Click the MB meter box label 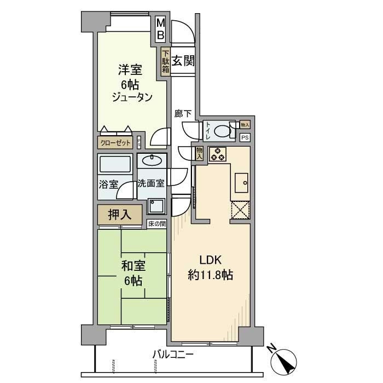tap(160, 29)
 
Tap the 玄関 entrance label tap(183, 61)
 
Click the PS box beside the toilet tap(245, 137)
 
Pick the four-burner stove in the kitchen tap(217, 155)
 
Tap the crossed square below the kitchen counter tap(240, 211)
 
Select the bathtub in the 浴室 tap(114, 164)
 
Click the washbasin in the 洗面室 tap(150, 160)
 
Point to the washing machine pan tap(156, 206)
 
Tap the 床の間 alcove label tap(156, 224)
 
